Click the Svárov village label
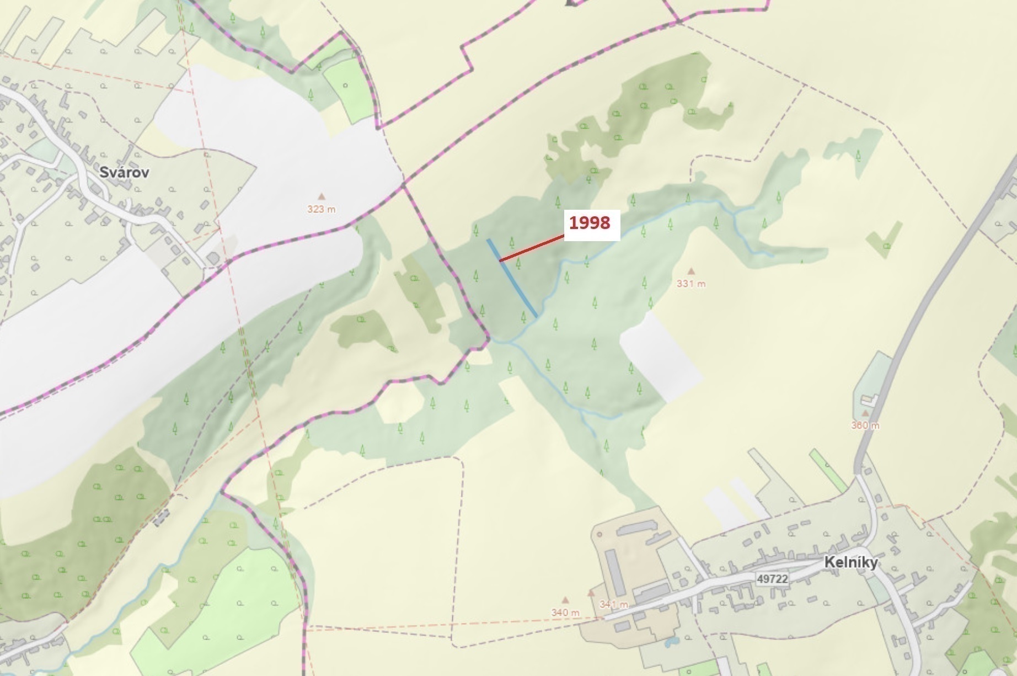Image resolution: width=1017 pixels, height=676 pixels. [124, 172]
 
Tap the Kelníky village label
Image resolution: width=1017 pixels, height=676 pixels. [850, 562]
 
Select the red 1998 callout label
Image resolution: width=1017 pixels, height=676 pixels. [590, 223]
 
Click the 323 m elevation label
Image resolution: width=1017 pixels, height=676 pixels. [321, 210]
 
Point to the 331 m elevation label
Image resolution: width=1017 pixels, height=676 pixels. [691, 284]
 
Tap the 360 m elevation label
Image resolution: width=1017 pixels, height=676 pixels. [865, 425]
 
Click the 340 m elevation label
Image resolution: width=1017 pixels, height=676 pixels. [565, 613]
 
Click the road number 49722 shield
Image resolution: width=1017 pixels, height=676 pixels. [772, 578]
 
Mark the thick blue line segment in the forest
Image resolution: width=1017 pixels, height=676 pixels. [512, 278]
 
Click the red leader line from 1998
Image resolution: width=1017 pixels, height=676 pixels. [532, 248]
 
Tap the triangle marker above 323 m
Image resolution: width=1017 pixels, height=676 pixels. [321, 196]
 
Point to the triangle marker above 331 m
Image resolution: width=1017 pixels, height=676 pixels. [691, 271]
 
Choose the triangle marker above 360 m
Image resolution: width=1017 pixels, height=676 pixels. [865, 413]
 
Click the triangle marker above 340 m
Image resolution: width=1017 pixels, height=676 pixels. [565, 600]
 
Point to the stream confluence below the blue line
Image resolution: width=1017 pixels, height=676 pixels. [510, 342]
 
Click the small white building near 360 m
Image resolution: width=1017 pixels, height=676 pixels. [870, 398]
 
